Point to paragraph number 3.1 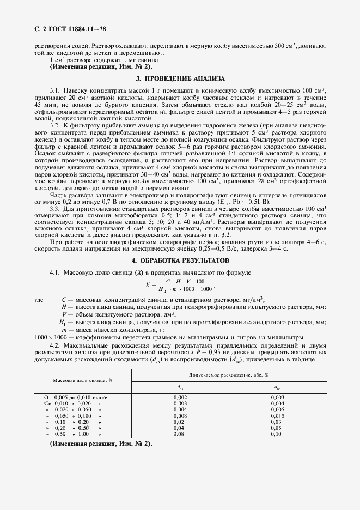(54, 89)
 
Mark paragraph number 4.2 (54, 346)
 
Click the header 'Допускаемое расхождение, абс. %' (229, 375)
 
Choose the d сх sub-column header (180, 387)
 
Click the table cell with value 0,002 (180, 398)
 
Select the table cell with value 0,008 (180, 415)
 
